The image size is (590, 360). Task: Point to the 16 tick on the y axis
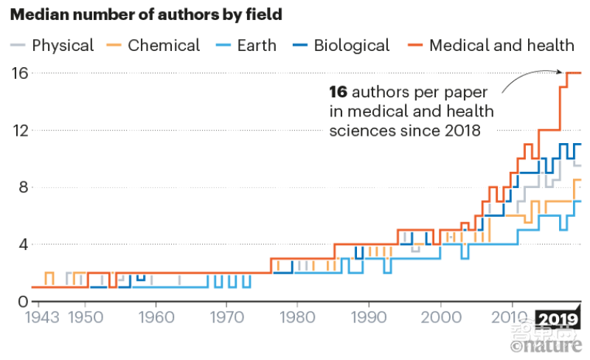click(19, 73)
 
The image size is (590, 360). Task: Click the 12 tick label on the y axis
click(19, 131)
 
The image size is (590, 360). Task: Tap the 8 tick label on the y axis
click(22, 187)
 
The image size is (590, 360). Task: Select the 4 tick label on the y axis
click(22, 244)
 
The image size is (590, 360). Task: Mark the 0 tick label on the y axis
click(22, 301)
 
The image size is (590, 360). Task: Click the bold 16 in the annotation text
click(338, 92)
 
